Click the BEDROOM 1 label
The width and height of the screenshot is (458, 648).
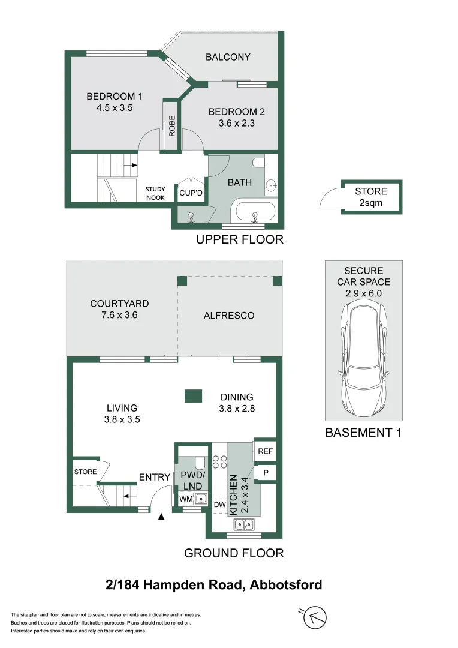pos(114,97)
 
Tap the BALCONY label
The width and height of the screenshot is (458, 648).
pos(228,57)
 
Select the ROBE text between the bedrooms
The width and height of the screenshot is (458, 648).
pos(172,126)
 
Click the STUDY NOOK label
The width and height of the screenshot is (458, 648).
pos(155,193)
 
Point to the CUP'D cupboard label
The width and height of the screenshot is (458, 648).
pos(191,193)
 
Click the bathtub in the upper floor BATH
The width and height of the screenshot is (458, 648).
pos(255,214)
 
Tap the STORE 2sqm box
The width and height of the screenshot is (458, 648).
pos(370,197)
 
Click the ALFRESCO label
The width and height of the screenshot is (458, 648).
pos(228,315)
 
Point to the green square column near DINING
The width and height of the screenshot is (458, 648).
pos(192,396)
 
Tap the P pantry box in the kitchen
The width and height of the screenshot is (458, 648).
pos(264,473)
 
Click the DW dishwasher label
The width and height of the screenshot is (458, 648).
pos(219,505)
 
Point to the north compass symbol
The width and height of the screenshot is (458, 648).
pos(315,618)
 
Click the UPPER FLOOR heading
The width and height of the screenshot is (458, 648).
pos(240,240)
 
